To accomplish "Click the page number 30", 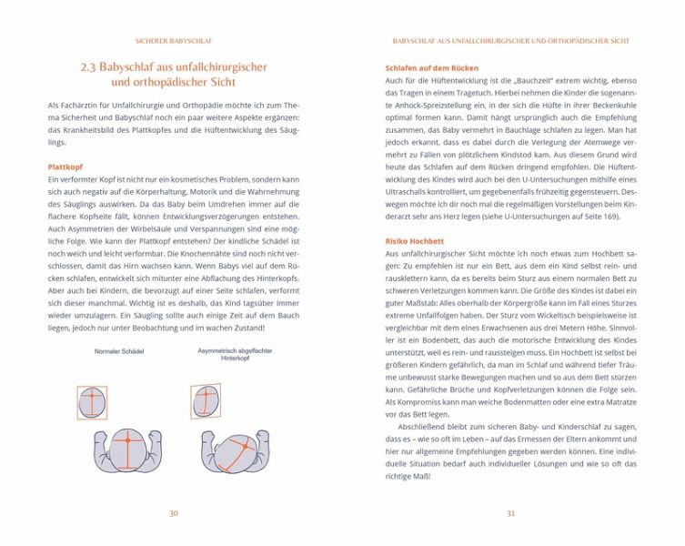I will point(173,513).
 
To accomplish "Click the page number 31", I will point(510,513).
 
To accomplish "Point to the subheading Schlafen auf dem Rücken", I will point(431,68).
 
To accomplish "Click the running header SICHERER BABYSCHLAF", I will point(173,41).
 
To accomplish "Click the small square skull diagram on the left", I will point(92,401).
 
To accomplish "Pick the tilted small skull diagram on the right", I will point(206,399).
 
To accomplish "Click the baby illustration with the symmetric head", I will point(128,451).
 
